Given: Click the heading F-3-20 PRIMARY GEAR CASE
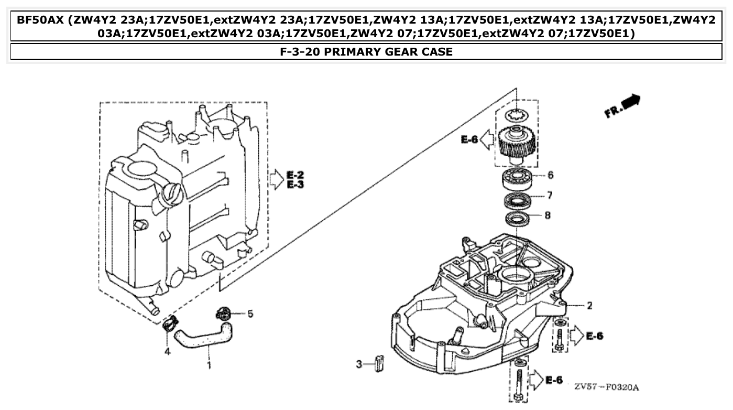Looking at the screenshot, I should click(366, 51).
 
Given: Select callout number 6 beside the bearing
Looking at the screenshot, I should click(550, 175).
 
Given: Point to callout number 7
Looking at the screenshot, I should click(549, 196).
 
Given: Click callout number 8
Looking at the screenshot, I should click(548, 215).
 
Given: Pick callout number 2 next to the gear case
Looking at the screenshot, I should click(589, 306).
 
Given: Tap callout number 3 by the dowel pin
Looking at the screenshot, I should click(359, 364).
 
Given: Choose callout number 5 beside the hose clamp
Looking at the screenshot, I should click(250, 314).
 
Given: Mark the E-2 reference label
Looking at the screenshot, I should click(296, 175).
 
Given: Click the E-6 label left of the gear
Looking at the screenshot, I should click(469, 139).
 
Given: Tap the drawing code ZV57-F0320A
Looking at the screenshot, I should click(606, 387).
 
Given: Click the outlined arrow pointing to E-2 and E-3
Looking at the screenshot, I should click(276, 179).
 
